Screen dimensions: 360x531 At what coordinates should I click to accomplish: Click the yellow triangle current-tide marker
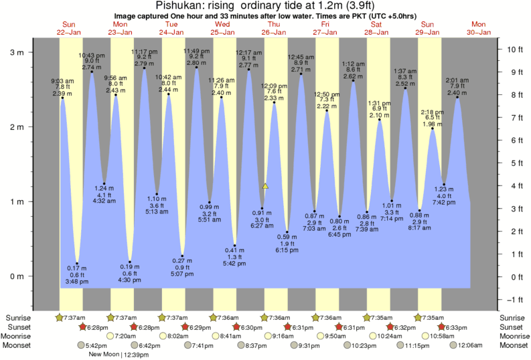click(266, 186)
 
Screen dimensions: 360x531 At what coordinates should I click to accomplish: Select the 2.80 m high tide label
click(196, 63)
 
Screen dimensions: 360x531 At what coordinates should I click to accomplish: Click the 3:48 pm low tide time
click(77, 282)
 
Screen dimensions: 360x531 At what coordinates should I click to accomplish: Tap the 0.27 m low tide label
click(182, 261)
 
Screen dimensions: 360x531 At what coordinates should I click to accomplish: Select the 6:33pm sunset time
click(471, 327)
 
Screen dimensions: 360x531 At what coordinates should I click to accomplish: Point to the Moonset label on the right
click(513, 345)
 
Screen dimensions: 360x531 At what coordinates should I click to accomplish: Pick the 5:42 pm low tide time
click(234, 264)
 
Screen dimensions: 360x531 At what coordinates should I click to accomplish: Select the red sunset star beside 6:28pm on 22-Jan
click(82, 327)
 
